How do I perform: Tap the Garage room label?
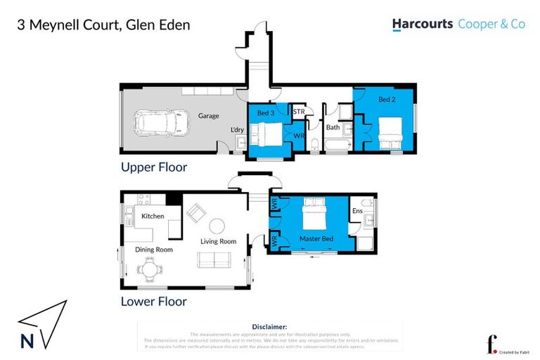[x=208, y=116]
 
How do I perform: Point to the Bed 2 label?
[x=387, y=100]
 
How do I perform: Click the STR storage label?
[x=299, y=112]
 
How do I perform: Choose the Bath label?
[x=333, y=127]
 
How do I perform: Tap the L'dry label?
[x=238, y=130]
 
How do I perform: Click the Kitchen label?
[x=153, y=216]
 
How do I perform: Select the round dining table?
[x=149, y=268]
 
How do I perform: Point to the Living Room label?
[x=218, y=241]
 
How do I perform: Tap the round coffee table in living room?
[x=219, y=226]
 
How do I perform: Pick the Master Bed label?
[x=316, y=239]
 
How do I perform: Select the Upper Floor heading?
[x=153, y=168]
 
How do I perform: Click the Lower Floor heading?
[x=153, y=302]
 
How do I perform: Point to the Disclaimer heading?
[x=269, y=327]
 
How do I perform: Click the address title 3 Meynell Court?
[x=103, y=26]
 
